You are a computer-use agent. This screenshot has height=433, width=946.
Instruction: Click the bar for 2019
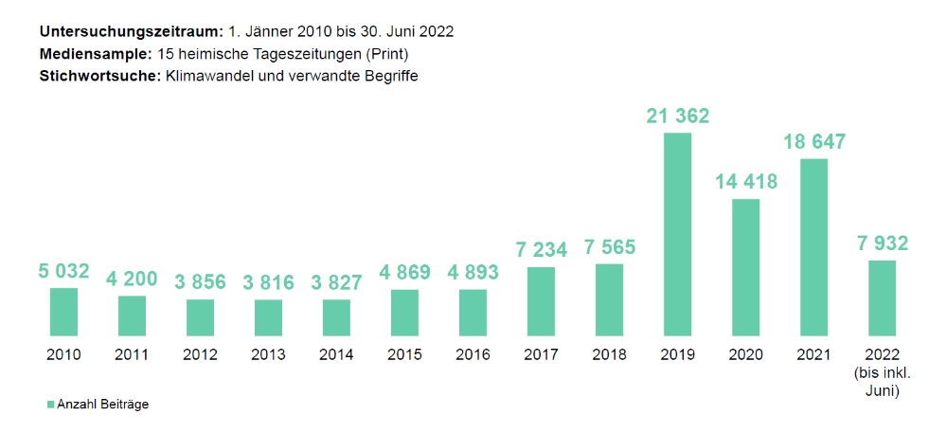677,234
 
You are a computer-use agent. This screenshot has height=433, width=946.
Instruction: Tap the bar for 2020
745,267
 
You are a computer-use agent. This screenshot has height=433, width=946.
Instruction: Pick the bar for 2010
63,312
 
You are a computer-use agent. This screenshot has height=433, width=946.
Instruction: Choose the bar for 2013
268,317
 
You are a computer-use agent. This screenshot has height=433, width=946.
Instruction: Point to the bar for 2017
541,301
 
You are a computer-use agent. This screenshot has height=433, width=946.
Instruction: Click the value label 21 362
677,117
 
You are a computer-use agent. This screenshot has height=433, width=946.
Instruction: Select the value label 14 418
745,182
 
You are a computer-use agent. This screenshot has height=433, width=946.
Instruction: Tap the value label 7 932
882,244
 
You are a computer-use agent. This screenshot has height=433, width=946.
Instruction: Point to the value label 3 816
268,282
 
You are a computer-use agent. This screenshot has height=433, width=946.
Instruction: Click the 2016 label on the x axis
473,355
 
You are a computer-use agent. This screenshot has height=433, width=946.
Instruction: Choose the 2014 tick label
336,355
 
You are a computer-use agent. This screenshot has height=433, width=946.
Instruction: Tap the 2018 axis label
609,355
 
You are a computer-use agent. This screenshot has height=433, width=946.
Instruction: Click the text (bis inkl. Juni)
882,381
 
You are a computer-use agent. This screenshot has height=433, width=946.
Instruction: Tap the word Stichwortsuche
99,77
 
